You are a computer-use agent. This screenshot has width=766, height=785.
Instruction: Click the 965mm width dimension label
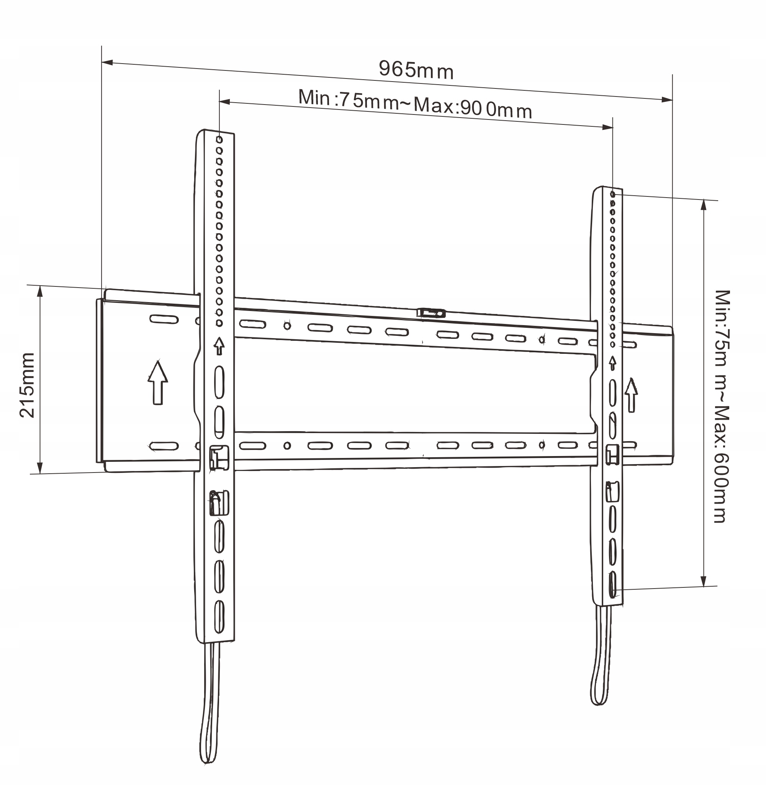tap(416, 70)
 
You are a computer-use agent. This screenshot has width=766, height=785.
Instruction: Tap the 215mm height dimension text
tap(27, 385)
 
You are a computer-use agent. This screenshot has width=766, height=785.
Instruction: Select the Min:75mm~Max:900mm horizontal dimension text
tap(415, 104)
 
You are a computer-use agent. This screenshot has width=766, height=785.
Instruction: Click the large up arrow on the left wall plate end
tap(158, 382)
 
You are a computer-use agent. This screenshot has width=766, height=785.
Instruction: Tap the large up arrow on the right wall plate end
tap(631, 395)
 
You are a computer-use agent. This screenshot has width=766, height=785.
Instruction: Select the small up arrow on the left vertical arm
tap(219, 346)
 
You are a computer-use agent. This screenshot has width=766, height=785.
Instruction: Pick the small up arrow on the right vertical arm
tap(612, 363)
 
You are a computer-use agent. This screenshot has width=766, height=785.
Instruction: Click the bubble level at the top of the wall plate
tap(431, 313)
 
